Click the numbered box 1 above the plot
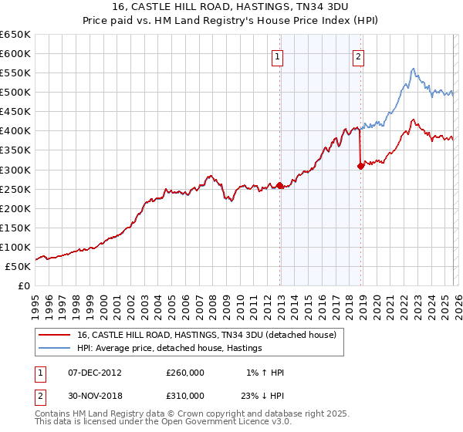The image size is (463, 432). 276,56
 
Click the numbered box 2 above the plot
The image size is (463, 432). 359,56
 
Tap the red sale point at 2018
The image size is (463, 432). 360,165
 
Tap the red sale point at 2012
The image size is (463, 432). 279,185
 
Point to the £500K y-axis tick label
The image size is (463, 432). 15,93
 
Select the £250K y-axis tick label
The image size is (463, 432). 15,189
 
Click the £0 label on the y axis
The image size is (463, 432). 24,285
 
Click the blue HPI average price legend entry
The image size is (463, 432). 170,348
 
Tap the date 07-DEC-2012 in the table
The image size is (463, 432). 95,373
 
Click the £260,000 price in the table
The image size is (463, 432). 185,373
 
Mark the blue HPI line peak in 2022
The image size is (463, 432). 414,69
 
